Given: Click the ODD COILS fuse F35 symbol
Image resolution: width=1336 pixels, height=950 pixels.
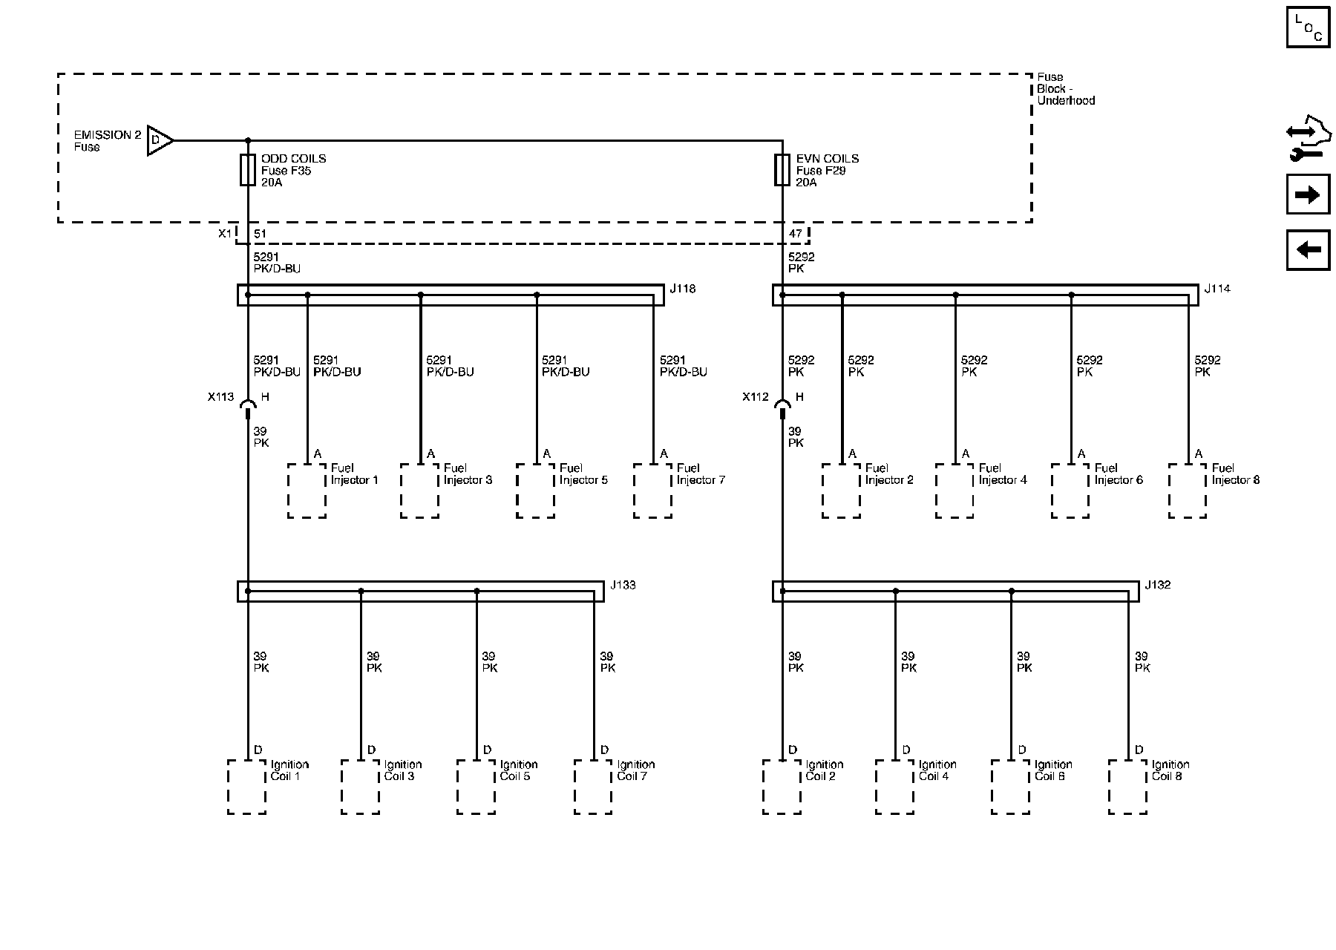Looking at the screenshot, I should click(x=248, y=170).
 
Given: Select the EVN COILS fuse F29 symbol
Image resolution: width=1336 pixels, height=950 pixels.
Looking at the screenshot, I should click(x=782, y=170).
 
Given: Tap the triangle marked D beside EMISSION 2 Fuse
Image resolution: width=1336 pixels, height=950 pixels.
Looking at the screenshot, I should click(x=159, y=140).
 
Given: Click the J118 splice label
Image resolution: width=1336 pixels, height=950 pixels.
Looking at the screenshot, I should click(x=682, y=289).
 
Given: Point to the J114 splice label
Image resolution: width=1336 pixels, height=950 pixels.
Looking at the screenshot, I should click(x=1217, y=289).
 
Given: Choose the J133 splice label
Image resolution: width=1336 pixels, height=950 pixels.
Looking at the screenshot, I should click(x=623, y=586).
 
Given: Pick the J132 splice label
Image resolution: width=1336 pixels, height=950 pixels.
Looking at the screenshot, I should click(x=1157, y=586).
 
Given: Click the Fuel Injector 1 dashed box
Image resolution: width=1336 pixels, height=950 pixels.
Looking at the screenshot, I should click(x=307, y=491).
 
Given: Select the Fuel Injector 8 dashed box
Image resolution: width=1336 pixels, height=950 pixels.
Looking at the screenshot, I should click(x=1187, y=491).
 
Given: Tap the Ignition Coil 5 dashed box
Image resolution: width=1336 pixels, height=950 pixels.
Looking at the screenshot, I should click(x=476, y=787).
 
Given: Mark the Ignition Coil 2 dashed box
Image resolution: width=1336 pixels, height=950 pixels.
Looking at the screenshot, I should click(x=782, y=787).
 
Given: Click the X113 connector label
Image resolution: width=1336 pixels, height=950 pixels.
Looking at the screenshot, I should click(x=220, y=397).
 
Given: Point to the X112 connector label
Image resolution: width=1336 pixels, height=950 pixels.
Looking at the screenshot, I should click(x=756, y=397).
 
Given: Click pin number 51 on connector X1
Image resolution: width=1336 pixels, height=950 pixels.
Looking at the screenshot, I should click(x=260, y=234).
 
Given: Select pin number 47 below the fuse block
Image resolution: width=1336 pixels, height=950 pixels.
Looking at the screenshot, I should click(x=795, y=234).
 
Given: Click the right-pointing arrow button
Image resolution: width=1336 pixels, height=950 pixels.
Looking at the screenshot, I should click(x=1307, y=195).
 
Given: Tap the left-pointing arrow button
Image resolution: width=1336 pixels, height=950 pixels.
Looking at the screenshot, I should click(x=1307, y=249).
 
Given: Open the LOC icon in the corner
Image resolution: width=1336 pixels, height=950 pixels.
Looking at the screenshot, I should click(x=1308, y=27).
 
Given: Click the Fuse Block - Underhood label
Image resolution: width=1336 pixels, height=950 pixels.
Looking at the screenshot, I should click(x=1065, y=88).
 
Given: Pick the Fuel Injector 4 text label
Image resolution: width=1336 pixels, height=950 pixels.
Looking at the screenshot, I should click(x=1002, y=474).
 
